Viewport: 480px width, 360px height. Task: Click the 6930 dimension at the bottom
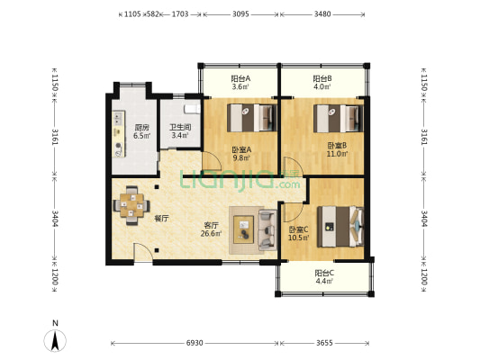(195, 343)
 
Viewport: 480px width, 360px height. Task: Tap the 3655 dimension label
(324, 343)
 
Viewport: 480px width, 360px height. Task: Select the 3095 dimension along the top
(240, 14)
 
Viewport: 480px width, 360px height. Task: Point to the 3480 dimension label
(322, 14)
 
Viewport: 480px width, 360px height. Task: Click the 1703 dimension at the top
(180, 14)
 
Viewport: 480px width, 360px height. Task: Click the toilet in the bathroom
(192, 109)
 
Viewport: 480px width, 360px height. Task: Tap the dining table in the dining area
(131, 205)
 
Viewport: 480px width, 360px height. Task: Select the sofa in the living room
(267, 229)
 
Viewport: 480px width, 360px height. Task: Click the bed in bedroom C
(340, 227)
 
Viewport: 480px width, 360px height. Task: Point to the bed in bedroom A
(252, 118)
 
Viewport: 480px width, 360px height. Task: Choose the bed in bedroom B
(339, 119)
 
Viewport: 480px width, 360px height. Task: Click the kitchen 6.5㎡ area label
(141, 131)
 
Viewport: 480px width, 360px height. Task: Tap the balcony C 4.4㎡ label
(324, 277)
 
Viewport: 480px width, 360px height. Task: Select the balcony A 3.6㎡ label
(240, 83)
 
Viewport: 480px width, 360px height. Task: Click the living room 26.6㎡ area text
(211, 229)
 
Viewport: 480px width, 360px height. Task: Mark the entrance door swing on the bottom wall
(143, 252)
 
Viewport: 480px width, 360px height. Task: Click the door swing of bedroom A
(212, 161)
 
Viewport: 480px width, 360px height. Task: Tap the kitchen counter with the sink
(119, 134)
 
